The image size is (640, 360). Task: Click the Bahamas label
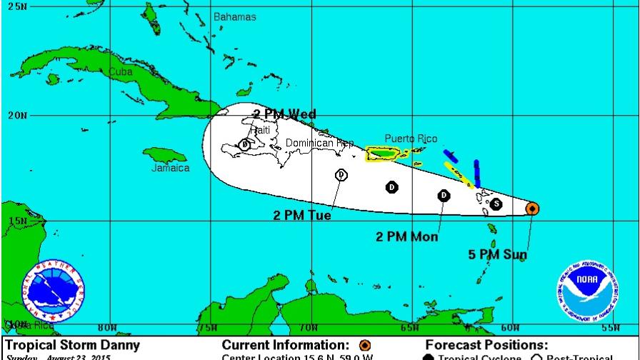coord(234,16)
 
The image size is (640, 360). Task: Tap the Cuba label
coord(121,71)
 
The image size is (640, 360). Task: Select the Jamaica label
coord(170,168)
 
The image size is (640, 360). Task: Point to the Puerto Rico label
coord(411,139)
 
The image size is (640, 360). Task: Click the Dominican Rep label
coord(319,143)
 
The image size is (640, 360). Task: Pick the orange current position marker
coord(531,208)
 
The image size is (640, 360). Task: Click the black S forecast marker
coord(496,204)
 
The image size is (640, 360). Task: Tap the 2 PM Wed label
coord(284,114)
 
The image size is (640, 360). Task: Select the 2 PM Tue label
coord(302,215)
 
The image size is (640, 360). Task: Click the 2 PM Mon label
coord(407,236)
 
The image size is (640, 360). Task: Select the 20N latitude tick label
coord(16,115)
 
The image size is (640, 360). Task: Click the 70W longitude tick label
coord(308,328)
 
